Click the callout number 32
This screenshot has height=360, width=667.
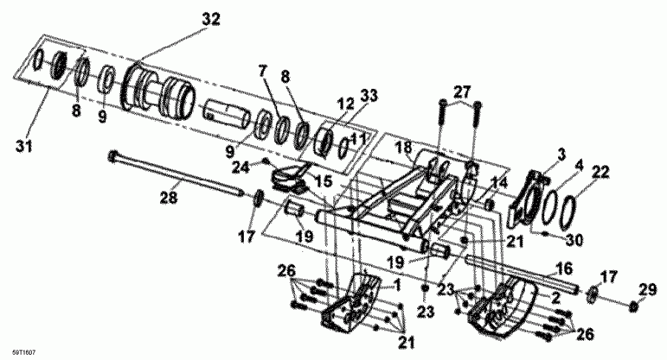pos(211,20)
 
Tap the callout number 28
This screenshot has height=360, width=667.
pos(168,197)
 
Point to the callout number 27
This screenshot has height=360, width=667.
pos(462,93)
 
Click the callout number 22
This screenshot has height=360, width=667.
pos(600,172)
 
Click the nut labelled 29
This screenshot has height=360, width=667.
pos(634,305)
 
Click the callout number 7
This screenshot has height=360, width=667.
pos(261,72)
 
